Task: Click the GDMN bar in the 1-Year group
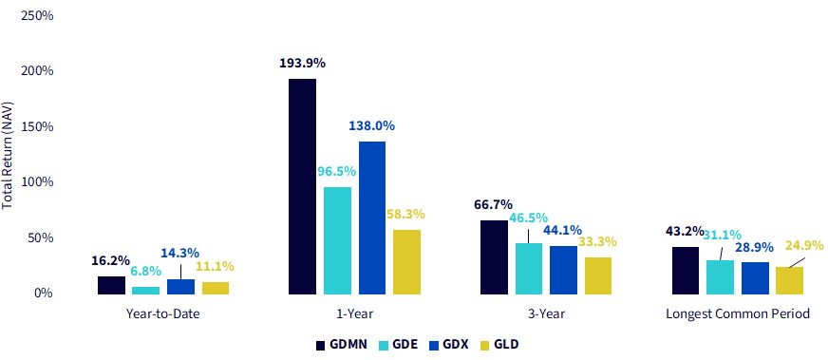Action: click(303, 186)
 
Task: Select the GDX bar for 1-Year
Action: click(372, 218)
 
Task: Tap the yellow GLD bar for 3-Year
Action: click(598, 275)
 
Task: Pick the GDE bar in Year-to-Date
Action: click(145, 291)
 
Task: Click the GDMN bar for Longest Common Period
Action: click(686, 271)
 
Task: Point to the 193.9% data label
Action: click(303, 64)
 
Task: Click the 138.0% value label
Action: click(372, 126)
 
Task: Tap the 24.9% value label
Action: click(804, 245)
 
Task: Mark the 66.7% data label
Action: click(493, 204)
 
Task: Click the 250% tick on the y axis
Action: click(37, 16)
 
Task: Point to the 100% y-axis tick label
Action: click(37, 182)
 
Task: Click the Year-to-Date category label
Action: click(163, 314)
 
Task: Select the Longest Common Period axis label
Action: click(738, 314)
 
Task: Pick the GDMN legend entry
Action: click(342, 345)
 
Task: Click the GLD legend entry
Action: click(500, 345)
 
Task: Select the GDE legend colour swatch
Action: click(385, 345)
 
